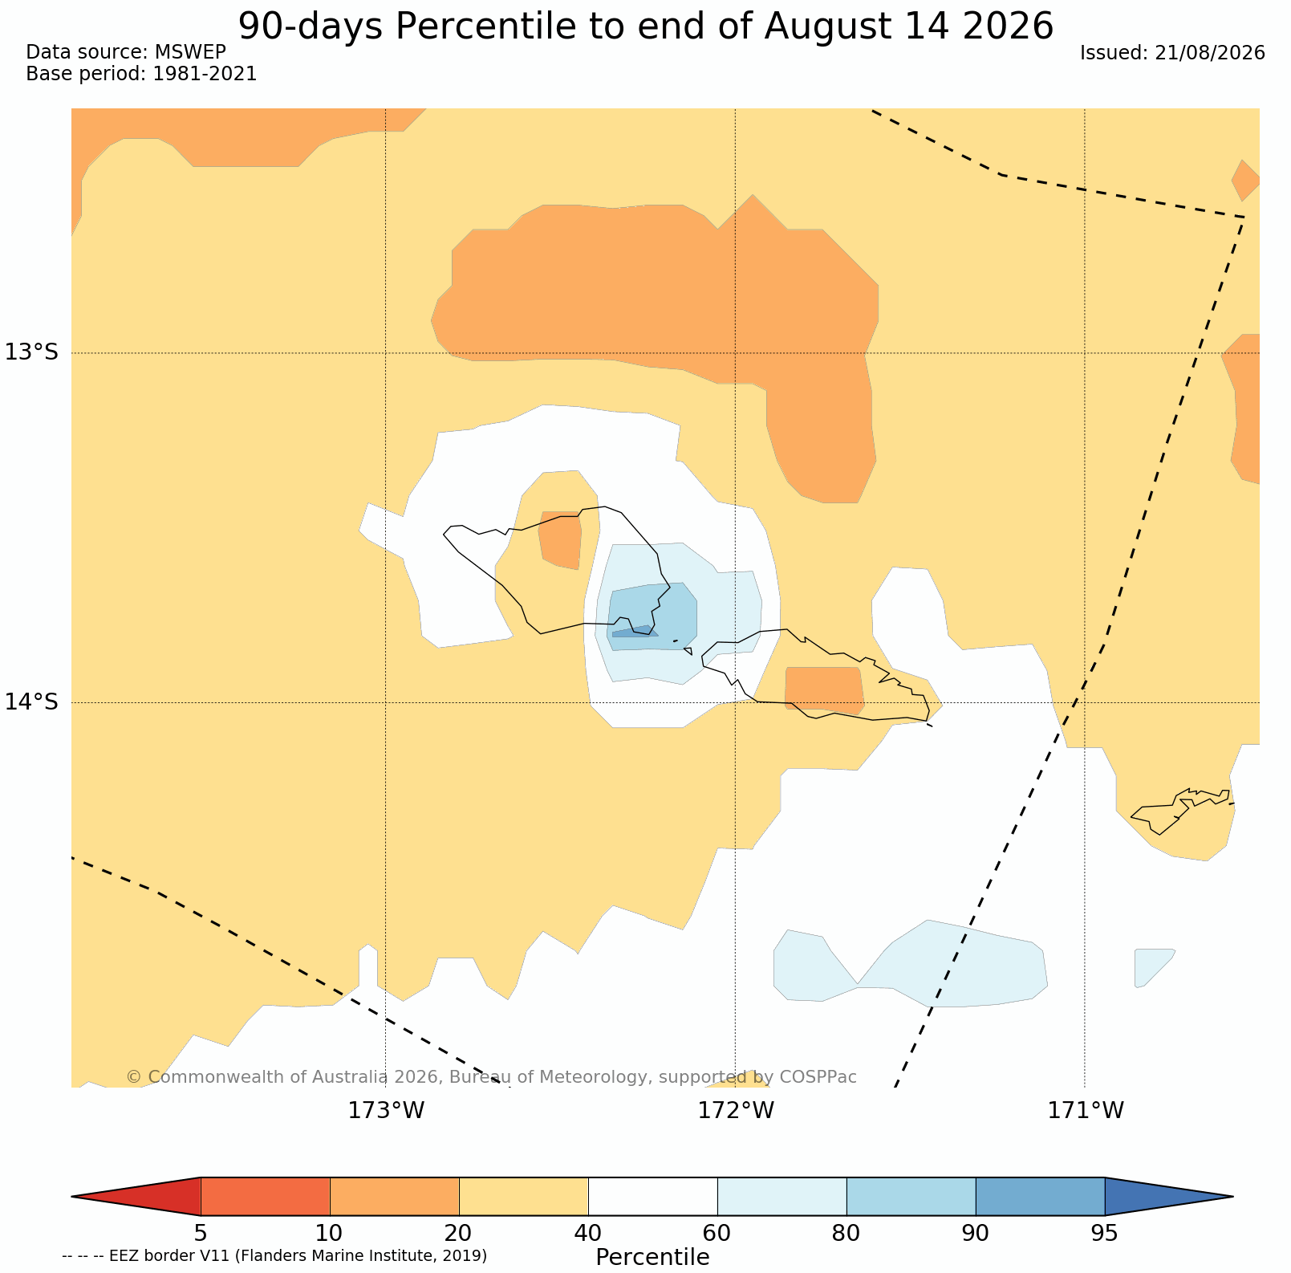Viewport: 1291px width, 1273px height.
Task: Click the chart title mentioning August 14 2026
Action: point(645,26)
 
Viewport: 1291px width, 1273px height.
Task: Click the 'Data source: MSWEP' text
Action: point(126,52)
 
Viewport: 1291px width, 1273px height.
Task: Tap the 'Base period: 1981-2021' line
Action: point(141,74)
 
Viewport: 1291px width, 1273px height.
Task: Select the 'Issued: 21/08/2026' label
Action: point(1172,53)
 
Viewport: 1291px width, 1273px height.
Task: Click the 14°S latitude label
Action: point(32,702)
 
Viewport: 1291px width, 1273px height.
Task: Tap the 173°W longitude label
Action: point(386,1111)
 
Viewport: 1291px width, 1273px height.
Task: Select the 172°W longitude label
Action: point(736,1111)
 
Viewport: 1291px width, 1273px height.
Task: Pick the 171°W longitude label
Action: point(1086,1111)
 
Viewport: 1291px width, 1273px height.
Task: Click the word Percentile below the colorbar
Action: point(652,1257)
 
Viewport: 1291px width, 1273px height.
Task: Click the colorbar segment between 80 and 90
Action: point(911,1197)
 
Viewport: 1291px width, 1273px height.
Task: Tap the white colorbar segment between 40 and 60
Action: point(653,1197)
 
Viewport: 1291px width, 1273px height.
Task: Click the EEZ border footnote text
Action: point(274,1255)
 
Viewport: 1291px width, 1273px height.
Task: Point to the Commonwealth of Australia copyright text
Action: point(491,1076)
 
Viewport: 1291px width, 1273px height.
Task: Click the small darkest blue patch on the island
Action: point(635,632)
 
